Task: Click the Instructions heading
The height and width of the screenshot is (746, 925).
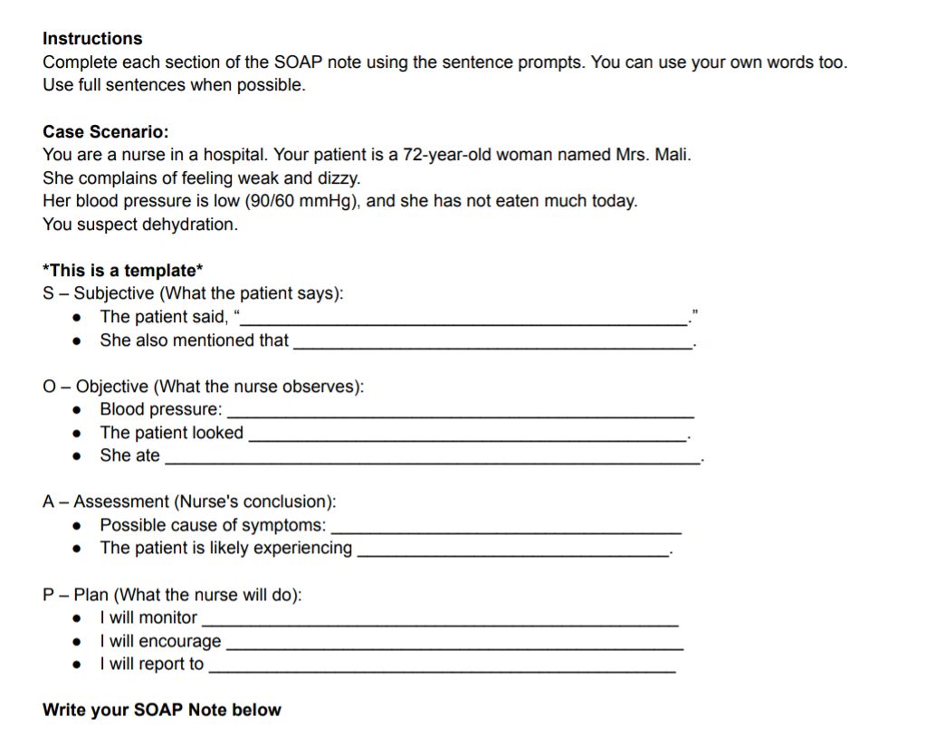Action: pyautogui.click(x=92, y=39)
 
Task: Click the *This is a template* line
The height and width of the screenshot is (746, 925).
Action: pyautogui.click(x=123, y=271)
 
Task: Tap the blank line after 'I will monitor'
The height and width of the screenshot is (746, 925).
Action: pyautogui.click(x=439, y=621)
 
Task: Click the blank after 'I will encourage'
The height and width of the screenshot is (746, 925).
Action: pyautogui.click(x=453, y=645)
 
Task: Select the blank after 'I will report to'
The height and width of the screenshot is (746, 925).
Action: pyautogui.click(x=442, y=668)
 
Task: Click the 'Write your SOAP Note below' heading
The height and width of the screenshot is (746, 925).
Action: pyautogui.click(x=162, y=711)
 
